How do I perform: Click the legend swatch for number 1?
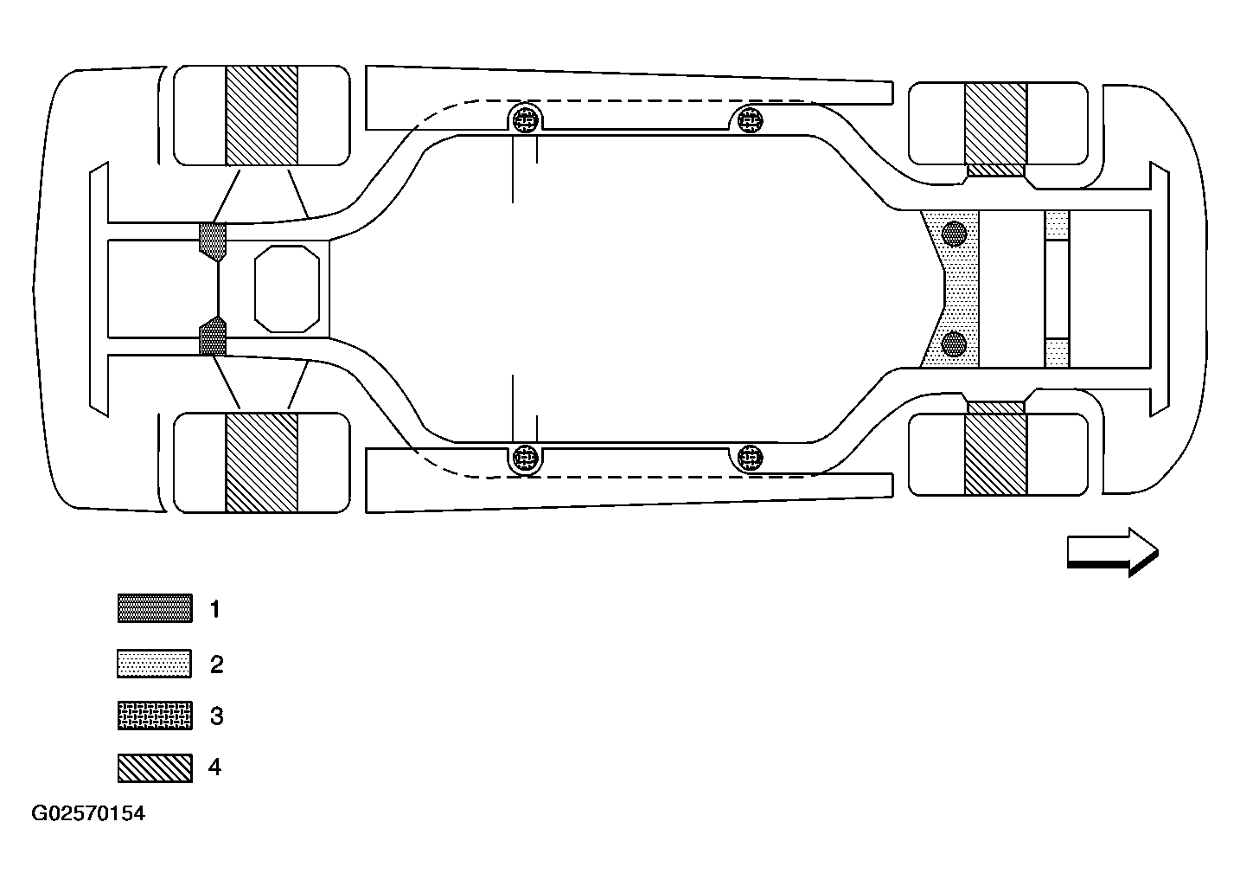[155, 608]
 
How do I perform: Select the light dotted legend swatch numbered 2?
[155, 664]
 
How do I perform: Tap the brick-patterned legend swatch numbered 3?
[155, 716]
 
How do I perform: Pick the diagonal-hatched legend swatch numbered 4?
[155, 768]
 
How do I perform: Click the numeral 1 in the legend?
[214, 609]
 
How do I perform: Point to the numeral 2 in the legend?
[216, 664]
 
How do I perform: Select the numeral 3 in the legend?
[216, 716]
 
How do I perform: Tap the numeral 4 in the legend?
[214, 767]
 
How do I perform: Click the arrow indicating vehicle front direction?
[1113, 552]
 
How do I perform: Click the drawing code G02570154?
[88, 813]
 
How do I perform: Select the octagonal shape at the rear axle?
[287, 289]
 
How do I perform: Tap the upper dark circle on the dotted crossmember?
[954, 234]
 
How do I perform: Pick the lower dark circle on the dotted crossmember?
[954, 344]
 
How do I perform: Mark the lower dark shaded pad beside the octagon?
[213, 336]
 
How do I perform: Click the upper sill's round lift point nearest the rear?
[526, 119]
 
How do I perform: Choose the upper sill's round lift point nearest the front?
[750, 119]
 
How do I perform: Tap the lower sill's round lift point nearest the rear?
[526, 458]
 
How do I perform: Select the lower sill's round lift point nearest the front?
[750, 458]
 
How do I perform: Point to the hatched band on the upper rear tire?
[261, 115]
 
